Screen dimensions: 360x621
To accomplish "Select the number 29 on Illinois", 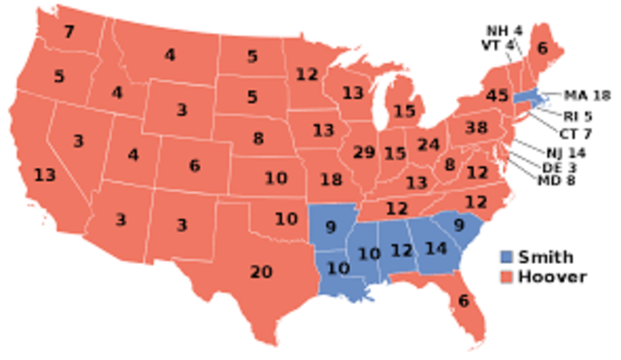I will coord(364,152).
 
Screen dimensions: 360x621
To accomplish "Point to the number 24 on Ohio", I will coord(429,145).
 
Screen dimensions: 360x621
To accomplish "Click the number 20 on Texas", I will coord(261,272).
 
